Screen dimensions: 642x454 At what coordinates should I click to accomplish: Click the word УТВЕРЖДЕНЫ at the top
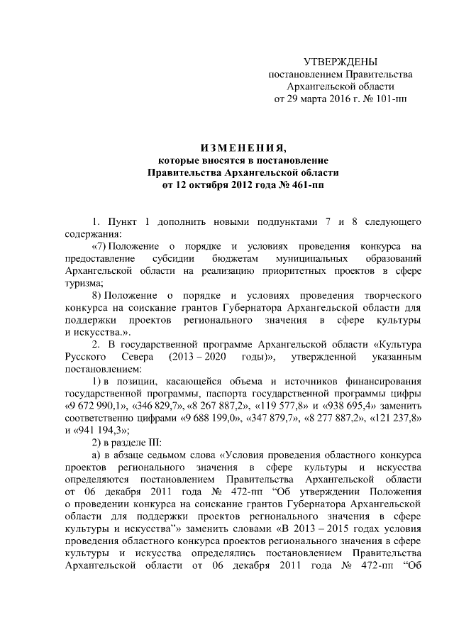340,62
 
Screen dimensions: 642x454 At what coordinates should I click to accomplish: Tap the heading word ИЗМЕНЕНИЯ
243,148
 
